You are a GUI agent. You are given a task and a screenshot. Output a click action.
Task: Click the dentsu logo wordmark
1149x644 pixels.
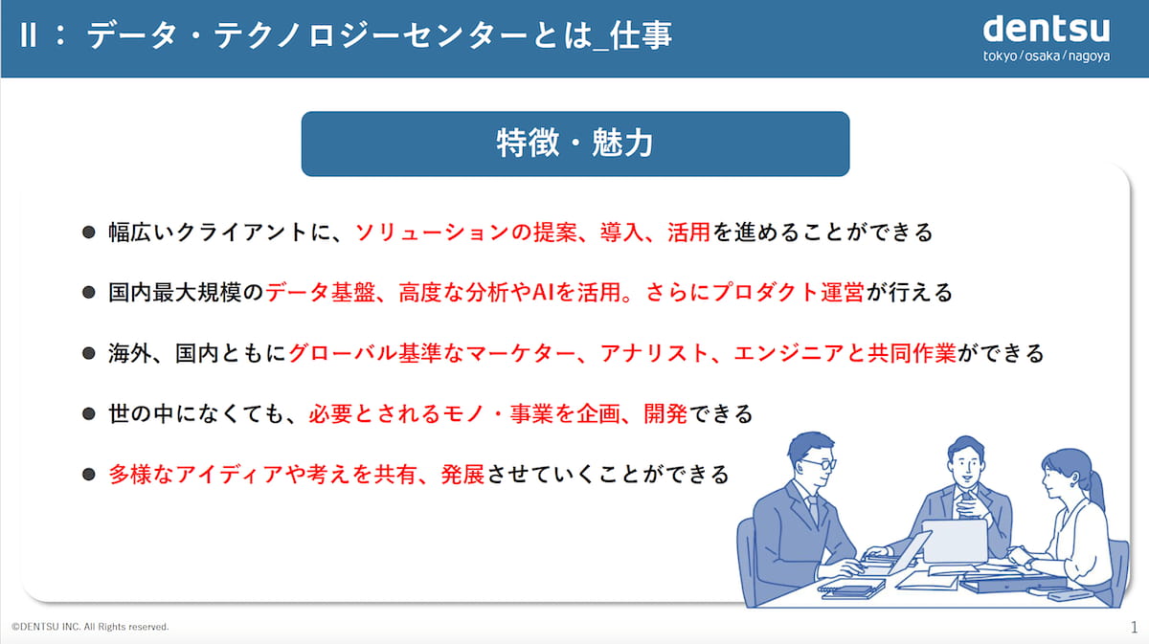click(1047, 30)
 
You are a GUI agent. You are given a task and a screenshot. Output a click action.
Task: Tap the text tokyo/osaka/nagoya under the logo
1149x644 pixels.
click(1047, 56)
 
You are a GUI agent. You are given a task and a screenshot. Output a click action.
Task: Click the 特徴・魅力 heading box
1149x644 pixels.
click(575, 144)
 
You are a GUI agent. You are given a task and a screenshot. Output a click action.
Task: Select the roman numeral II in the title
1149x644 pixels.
click(29, 36)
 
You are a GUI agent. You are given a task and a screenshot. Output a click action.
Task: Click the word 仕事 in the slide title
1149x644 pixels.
click(641, 36)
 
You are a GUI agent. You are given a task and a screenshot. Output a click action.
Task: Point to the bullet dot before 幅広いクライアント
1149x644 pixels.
click(89, 233)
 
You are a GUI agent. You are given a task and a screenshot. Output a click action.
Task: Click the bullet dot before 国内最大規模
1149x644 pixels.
click(89, 292)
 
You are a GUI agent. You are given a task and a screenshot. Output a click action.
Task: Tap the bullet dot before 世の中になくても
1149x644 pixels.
click(89, 413)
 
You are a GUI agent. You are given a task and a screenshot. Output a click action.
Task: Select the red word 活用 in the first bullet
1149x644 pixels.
click(688, 233)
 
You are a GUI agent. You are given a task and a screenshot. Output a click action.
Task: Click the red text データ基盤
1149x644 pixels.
click(320, 292)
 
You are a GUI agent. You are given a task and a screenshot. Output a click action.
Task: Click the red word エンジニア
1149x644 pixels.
click(789, 353)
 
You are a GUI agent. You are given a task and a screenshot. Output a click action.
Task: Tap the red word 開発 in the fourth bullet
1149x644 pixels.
click(665, 413)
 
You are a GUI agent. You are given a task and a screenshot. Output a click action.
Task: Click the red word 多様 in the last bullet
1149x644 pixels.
click(130, 475)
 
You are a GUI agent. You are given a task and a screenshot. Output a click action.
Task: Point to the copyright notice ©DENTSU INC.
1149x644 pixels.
click(90, 627)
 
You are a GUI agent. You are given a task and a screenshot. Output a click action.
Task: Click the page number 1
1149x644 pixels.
click(1134, 627)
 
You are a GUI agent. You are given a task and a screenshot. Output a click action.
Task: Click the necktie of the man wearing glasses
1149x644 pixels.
click(814, 507)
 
